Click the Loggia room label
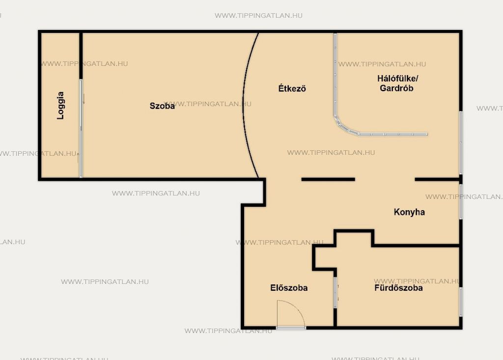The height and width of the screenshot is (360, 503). coord(60,106)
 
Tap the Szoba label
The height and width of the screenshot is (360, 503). coord(162,106)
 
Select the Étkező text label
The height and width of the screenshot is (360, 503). coord(292,88)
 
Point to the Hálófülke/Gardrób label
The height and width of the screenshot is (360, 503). coord(397,83)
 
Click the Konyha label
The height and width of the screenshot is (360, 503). coord(409,212)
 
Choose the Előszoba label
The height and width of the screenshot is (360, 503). coord(289,288)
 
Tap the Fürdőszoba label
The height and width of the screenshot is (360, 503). coord(398,288)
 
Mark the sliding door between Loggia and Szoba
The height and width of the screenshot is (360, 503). coord(81,128)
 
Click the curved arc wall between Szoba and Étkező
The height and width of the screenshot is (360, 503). coord(244,106)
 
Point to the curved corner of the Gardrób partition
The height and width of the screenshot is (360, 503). coord(344,127)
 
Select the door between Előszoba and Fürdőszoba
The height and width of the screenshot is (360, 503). coord(335,293)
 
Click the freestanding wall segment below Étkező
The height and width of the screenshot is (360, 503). coord(328,179)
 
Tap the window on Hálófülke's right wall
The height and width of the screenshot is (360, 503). coord(461,143)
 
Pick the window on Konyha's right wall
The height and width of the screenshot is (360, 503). coord(461,202)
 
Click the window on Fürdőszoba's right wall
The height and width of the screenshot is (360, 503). coord(461,302)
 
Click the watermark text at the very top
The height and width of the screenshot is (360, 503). coord(258,15)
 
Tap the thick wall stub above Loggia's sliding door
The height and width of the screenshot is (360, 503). coord(81,55)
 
